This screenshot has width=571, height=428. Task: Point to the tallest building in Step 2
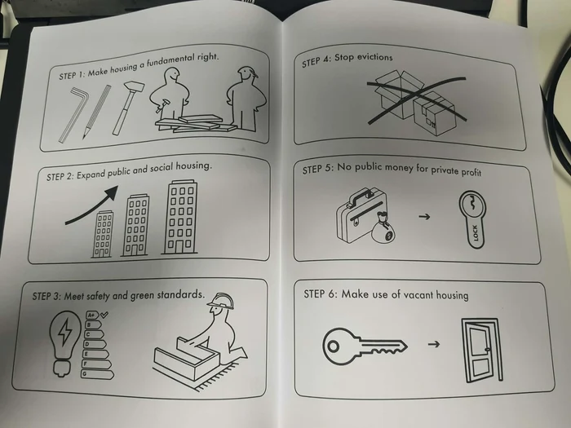click(x=180, y=217)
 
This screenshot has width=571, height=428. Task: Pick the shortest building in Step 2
click(x=102, y=235)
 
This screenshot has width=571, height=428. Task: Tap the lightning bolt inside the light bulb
click(x=65, y=332)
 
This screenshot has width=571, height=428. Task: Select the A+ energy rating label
click(x=92, y=315)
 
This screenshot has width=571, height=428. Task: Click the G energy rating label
click(x=97, y=374)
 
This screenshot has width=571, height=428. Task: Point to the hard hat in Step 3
click(x=221, y=302)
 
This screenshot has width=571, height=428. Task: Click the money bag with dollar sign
click(x=383, y=229)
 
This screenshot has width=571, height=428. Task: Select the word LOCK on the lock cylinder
click(x=475, y=233)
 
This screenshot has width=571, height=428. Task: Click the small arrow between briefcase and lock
click(x=424, y=217)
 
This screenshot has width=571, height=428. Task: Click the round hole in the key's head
click(x=333, y=346)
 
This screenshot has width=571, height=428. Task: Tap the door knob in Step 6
click(x=488, y=350)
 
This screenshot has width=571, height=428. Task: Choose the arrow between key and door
click(x=434, y=344)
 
